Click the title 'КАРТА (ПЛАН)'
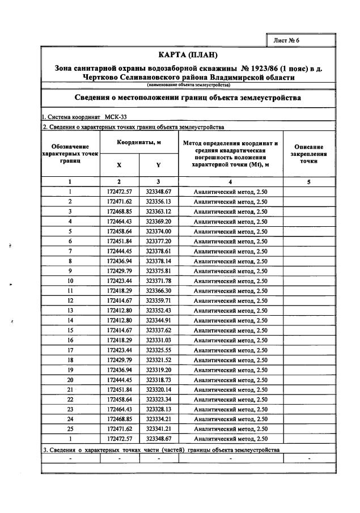[181, 58]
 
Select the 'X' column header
[118, 165]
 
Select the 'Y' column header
[158, 165]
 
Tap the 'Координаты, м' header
[139, 143]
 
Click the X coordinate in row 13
[119, 310]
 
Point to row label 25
[70, 429]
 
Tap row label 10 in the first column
[70, 281]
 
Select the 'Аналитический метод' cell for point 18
[230, 360]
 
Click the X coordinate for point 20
[119, 379]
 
